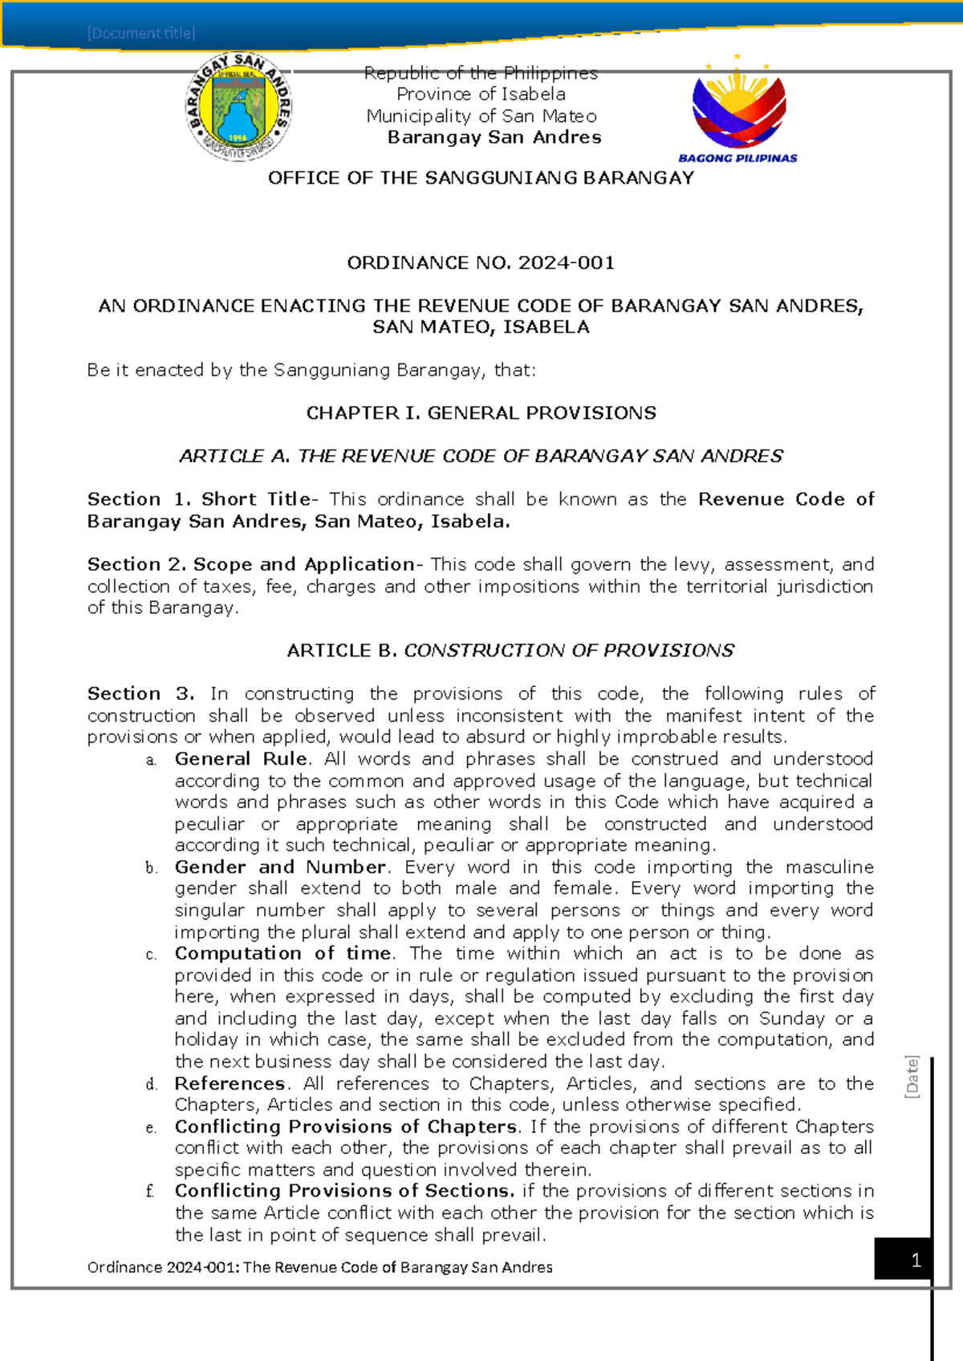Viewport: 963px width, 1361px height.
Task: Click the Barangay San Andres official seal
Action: (x=239, y=107)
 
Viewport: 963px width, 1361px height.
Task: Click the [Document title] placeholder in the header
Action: (x=141, y=33)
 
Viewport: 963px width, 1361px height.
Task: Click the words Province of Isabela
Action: (x=481, y=94)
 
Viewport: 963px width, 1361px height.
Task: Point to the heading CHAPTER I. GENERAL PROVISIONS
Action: (x=481, y=412)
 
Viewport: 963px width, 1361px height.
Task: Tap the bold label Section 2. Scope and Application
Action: (x=250, y=564)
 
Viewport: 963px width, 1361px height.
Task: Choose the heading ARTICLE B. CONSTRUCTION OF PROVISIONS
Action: (x=510, y=650)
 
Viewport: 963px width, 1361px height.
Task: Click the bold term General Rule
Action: (x=241, y=758)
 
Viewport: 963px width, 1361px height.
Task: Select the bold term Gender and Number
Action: (x=280, y=867)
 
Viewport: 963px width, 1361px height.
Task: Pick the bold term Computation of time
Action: (x=282, y=953)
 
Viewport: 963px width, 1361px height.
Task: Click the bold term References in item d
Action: (x=230, y=1083)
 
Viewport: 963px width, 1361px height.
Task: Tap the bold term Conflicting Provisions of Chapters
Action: (x=346, y=1127)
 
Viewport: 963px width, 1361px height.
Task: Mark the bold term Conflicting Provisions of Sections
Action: (x=344, y=1191)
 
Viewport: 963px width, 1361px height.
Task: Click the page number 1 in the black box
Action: (x=916, y=1261)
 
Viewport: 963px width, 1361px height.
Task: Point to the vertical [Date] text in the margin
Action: (x=912, y=1077)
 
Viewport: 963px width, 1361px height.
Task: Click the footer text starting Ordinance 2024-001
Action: (x=319, y=1267)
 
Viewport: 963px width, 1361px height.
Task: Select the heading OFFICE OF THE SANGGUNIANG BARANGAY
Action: (x=481, y=178)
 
